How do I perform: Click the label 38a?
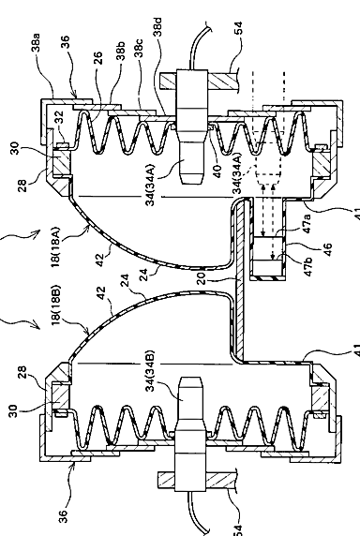[36, 42]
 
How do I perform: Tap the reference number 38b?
[121, 51]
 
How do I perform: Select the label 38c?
[139, 48]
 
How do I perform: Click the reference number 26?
[97, 58]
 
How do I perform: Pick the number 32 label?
[60, 116]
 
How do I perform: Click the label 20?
[201, 278]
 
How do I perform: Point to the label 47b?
[307, 267]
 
